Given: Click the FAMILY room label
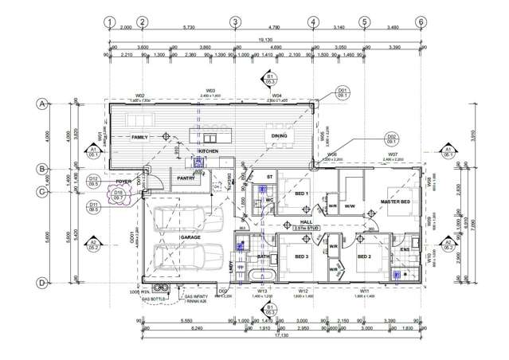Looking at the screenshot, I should tap(141, 137).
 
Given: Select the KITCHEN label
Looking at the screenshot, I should tap(208, 151).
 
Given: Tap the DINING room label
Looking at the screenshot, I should tap(279, 137).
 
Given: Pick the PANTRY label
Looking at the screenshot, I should tap(186, 178).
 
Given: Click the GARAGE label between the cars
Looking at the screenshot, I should tap(190, 237).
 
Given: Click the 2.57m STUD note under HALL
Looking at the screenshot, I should tap(306, 229).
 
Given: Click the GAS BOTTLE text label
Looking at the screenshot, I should tap(154, 300).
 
